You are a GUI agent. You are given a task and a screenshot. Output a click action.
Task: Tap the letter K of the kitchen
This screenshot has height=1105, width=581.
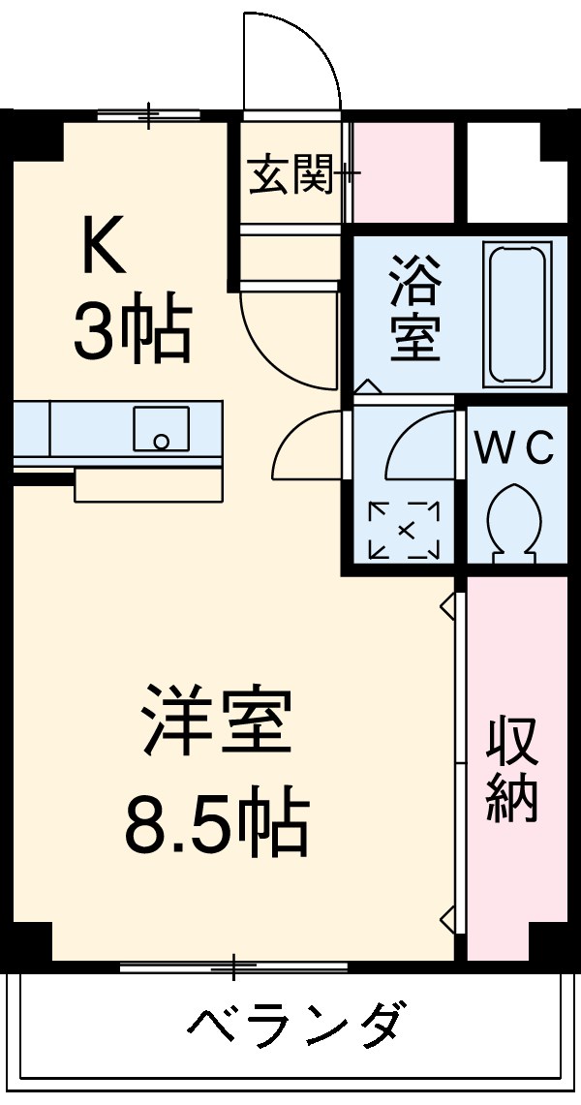103,249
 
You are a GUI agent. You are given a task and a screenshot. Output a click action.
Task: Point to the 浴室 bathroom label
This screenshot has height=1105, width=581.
415,309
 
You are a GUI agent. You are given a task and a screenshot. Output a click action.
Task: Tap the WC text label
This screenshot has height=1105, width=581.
514,447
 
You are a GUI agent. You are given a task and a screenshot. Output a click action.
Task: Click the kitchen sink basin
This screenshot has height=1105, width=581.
161,429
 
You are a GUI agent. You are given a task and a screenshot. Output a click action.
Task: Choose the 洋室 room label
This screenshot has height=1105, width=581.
216,721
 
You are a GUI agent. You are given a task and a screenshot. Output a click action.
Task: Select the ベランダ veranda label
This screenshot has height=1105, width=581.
295,1025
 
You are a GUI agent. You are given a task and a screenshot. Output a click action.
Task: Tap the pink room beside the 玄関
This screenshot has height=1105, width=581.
402,172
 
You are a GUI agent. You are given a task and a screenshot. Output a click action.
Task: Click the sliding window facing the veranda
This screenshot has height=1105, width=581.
233,966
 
